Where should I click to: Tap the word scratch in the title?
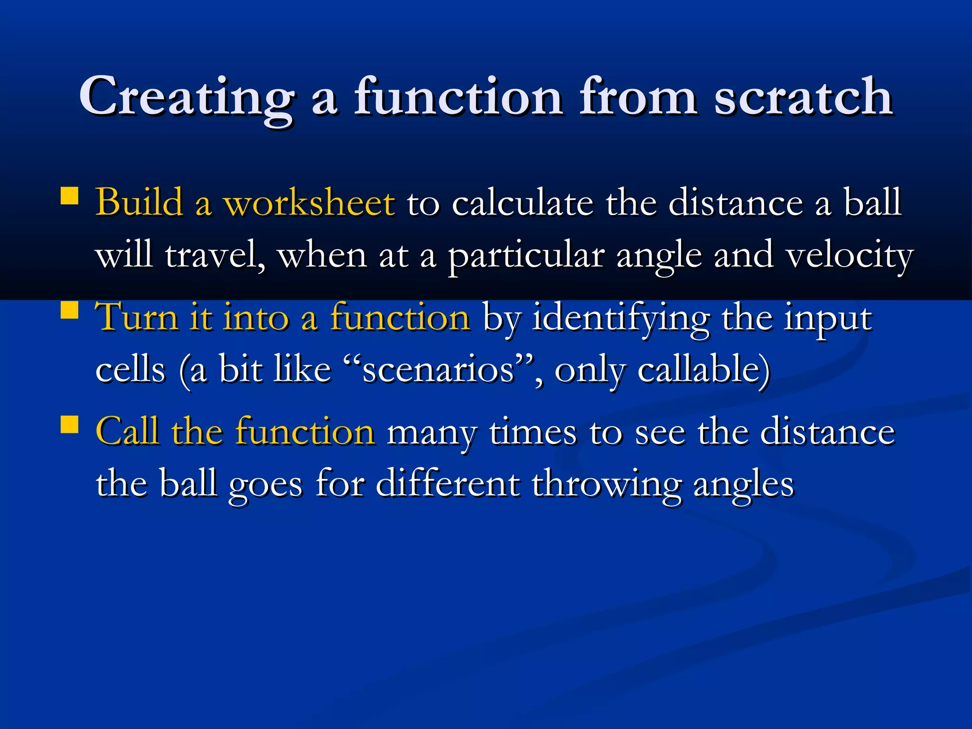(x=803, y=97)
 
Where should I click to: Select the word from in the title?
(x=638, y=97)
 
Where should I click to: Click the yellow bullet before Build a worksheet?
(x=70, y=196)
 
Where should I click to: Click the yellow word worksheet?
(x=309, y=203)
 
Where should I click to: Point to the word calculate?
(x=522, y=203)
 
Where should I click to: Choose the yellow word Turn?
(x=137, y=317)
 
